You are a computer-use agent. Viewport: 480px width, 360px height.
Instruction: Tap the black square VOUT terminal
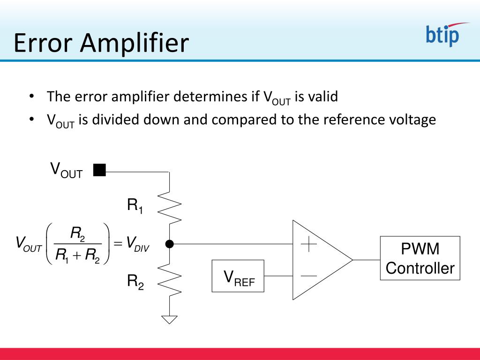(99, 170)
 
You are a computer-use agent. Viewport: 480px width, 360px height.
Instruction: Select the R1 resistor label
(135, 206)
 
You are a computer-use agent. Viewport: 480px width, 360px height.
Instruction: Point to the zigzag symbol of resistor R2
(170, 280)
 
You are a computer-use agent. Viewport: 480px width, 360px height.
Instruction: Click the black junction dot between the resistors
(170, 244)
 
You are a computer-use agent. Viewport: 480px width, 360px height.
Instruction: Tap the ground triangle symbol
(170, 319)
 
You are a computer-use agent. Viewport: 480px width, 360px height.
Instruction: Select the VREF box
(238, 276)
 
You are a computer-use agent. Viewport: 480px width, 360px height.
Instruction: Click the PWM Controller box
(420, 258)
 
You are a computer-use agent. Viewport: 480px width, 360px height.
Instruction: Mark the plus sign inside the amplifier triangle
(309, 244)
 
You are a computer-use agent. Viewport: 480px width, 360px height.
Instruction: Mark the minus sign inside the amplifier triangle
(309, 276)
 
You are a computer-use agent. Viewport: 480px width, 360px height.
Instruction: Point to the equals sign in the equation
(118, 243)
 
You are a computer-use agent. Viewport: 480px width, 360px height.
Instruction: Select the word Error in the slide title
(44, 43)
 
